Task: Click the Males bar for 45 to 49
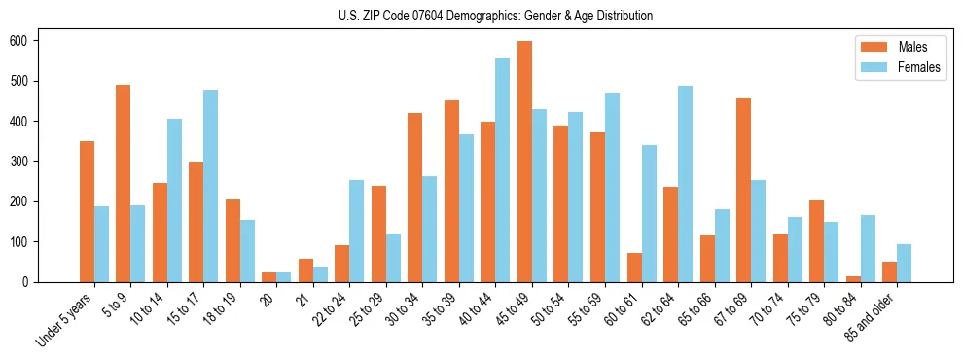point(524,162)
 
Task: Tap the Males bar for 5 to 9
point(123,183)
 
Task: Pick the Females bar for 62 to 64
point(685,184)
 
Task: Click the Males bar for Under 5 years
point(87,211)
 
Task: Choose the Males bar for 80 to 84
point(853,279)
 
